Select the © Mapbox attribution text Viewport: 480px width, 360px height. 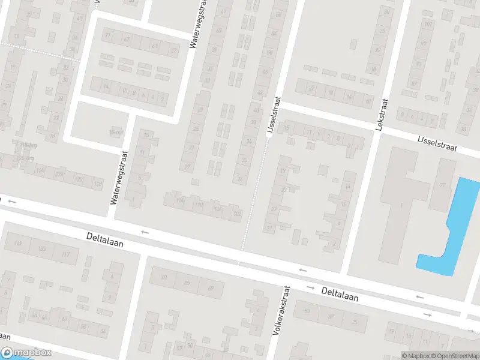pos(416,355)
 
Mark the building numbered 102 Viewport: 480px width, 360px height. pos(236,212)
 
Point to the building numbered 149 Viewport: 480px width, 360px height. pos(17,244)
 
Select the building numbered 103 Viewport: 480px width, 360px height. pos(163,278)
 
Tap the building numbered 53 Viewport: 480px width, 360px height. pos(307,311)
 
